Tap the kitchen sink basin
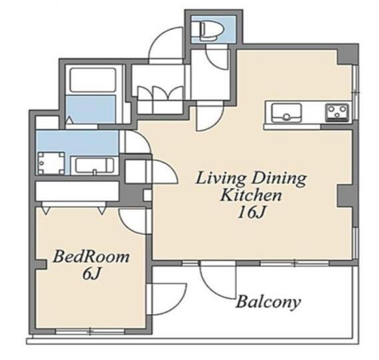coord(286,113)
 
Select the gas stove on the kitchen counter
coord(337,112)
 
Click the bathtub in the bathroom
coord(93,80)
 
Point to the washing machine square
coord(51,163)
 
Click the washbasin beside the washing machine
coord(94,165)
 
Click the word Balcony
coord(268,302)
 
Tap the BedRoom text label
coord(91,257)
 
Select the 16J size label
coord(252,213)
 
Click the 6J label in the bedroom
coord(91,274)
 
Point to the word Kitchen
coord(251,195)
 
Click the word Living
coord(221,179)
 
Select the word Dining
coord(279,179)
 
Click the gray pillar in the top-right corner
coord(347,55)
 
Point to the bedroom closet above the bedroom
coord(77,191)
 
